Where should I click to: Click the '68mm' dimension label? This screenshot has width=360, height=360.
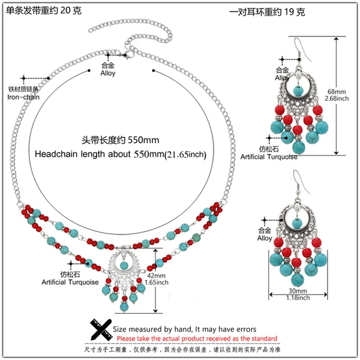[x=337, y=92]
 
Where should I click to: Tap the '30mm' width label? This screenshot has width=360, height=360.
[x=298, y=291]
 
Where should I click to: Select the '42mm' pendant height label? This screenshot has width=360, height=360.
[x=156, y=275]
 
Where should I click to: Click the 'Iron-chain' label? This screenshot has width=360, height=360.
[x=23, y=97]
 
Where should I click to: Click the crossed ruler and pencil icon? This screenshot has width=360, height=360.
[x=101, y=329]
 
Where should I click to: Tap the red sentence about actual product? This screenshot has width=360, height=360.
[x=197, y=338]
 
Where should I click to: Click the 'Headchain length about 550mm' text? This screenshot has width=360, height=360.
[x=121, y=154]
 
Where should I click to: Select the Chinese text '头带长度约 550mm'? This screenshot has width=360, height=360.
[x=121, y=140]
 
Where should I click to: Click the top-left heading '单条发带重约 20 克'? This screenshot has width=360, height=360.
[x=44, y=11]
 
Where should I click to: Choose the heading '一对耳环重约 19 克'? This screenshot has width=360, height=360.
[x=267, y=12]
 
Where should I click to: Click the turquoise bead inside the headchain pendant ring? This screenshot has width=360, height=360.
[x=124, y=266]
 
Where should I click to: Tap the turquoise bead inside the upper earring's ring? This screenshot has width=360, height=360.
[x=298, y=90]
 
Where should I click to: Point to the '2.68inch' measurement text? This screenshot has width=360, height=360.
[x=337, y=98]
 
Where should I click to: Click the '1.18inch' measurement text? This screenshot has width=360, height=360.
[x=298, y=298]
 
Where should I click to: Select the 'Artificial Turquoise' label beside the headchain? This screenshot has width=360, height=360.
[x=70, y=282]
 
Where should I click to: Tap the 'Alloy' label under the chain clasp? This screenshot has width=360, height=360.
[x=107, y=73]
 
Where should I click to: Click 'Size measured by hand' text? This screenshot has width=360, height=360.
[x=152, y=329]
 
